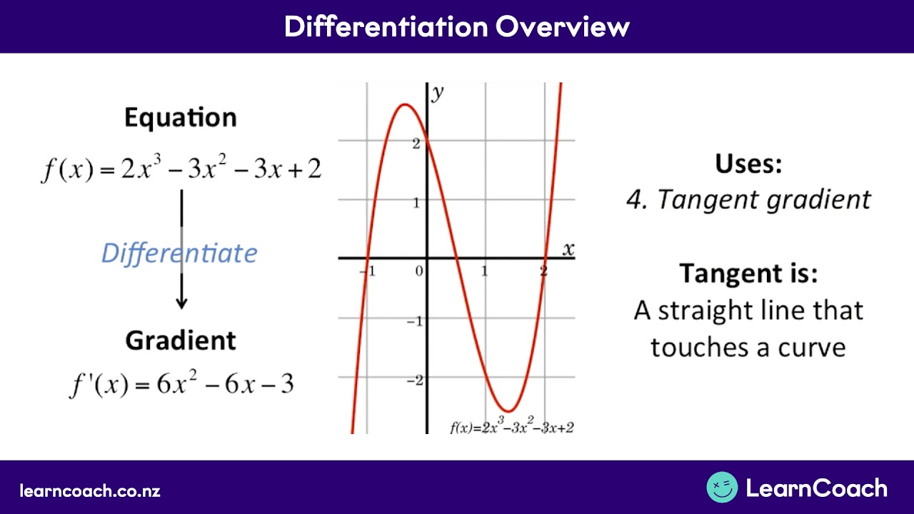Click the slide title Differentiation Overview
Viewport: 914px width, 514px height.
point(457,26)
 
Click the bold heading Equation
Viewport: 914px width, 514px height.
point(180,118)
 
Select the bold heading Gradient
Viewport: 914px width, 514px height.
point(181,341)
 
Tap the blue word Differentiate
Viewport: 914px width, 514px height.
point(179,253)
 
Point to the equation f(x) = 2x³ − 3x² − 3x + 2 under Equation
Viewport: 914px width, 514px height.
point(181,170)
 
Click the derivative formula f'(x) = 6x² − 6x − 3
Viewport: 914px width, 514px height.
point(181,384)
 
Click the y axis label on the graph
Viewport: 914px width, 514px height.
point(438,93)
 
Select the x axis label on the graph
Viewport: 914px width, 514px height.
point(568,249)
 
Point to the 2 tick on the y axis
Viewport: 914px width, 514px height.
point(416,143)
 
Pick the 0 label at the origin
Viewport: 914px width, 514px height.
point(419,271)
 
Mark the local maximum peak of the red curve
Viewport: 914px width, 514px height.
point(405,105)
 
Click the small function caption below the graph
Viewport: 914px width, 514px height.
point(511,427)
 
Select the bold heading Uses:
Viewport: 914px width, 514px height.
point(748,163)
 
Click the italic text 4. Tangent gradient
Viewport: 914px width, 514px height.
point(748,200)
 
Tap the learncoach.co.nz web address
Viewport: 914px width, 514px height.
point(90,491)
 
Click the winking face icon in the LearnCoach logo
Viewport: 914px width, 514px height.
point(722,488)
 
